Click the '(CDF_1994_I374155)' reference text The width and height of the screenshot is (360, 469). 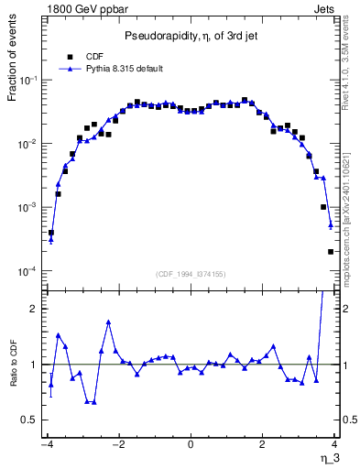[191, 274]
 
